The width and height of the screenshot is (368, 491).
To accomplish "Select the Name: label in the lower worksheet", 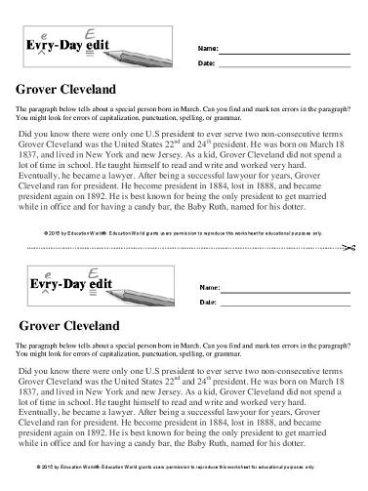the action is click(207, 288).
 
